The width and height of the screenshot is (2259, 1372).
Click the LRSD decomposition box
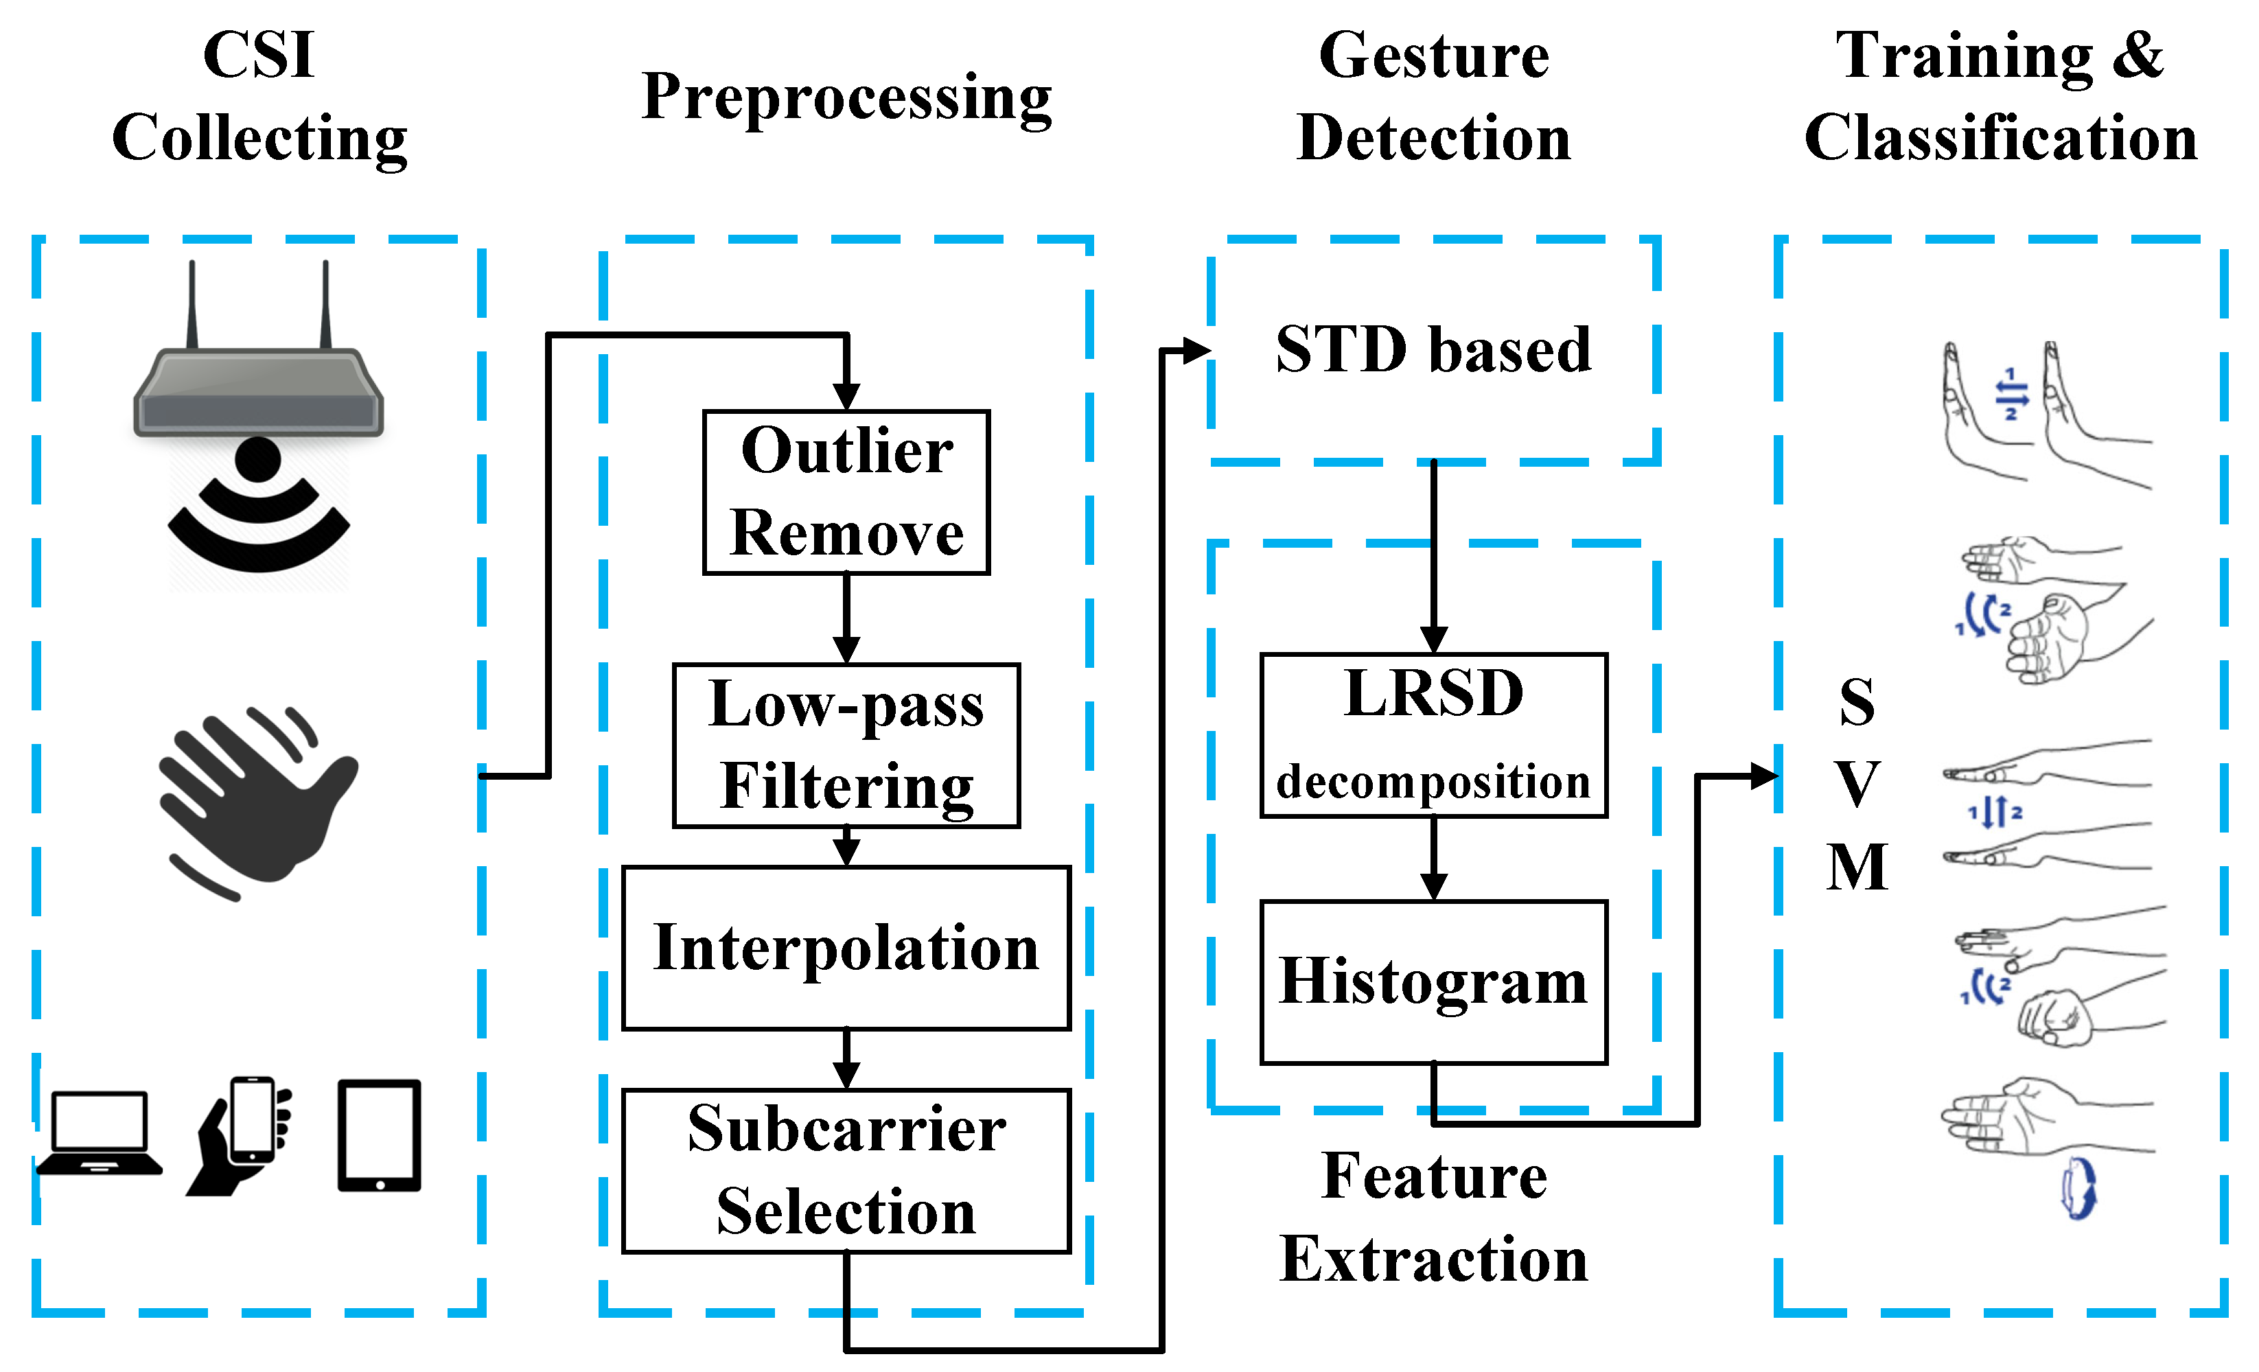(1433, 734)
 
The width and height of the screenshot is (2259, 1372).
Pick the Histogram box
(1433, 981)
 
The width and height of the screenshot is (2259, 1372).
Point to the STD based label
(1433, 349)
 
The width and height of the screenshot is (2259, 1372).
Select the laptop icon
(99, 1134)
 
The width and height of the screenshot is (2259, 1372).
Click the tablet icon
(379, 1135)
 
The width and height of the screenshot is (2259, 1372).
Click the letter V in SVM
(1857, 784)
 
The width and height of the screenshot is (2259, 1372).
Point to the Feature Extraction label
(1433, 1217)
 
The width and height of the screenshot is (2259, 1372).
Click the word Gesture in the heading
(1433, 57)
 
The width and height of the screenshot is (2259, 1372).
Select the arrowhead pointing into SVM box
(1764, 776)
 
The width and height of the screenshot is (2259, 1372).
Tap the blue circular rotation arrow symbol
(2078, 1189)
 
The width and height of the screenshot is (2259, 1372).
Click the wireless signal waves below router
(259, 518)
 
